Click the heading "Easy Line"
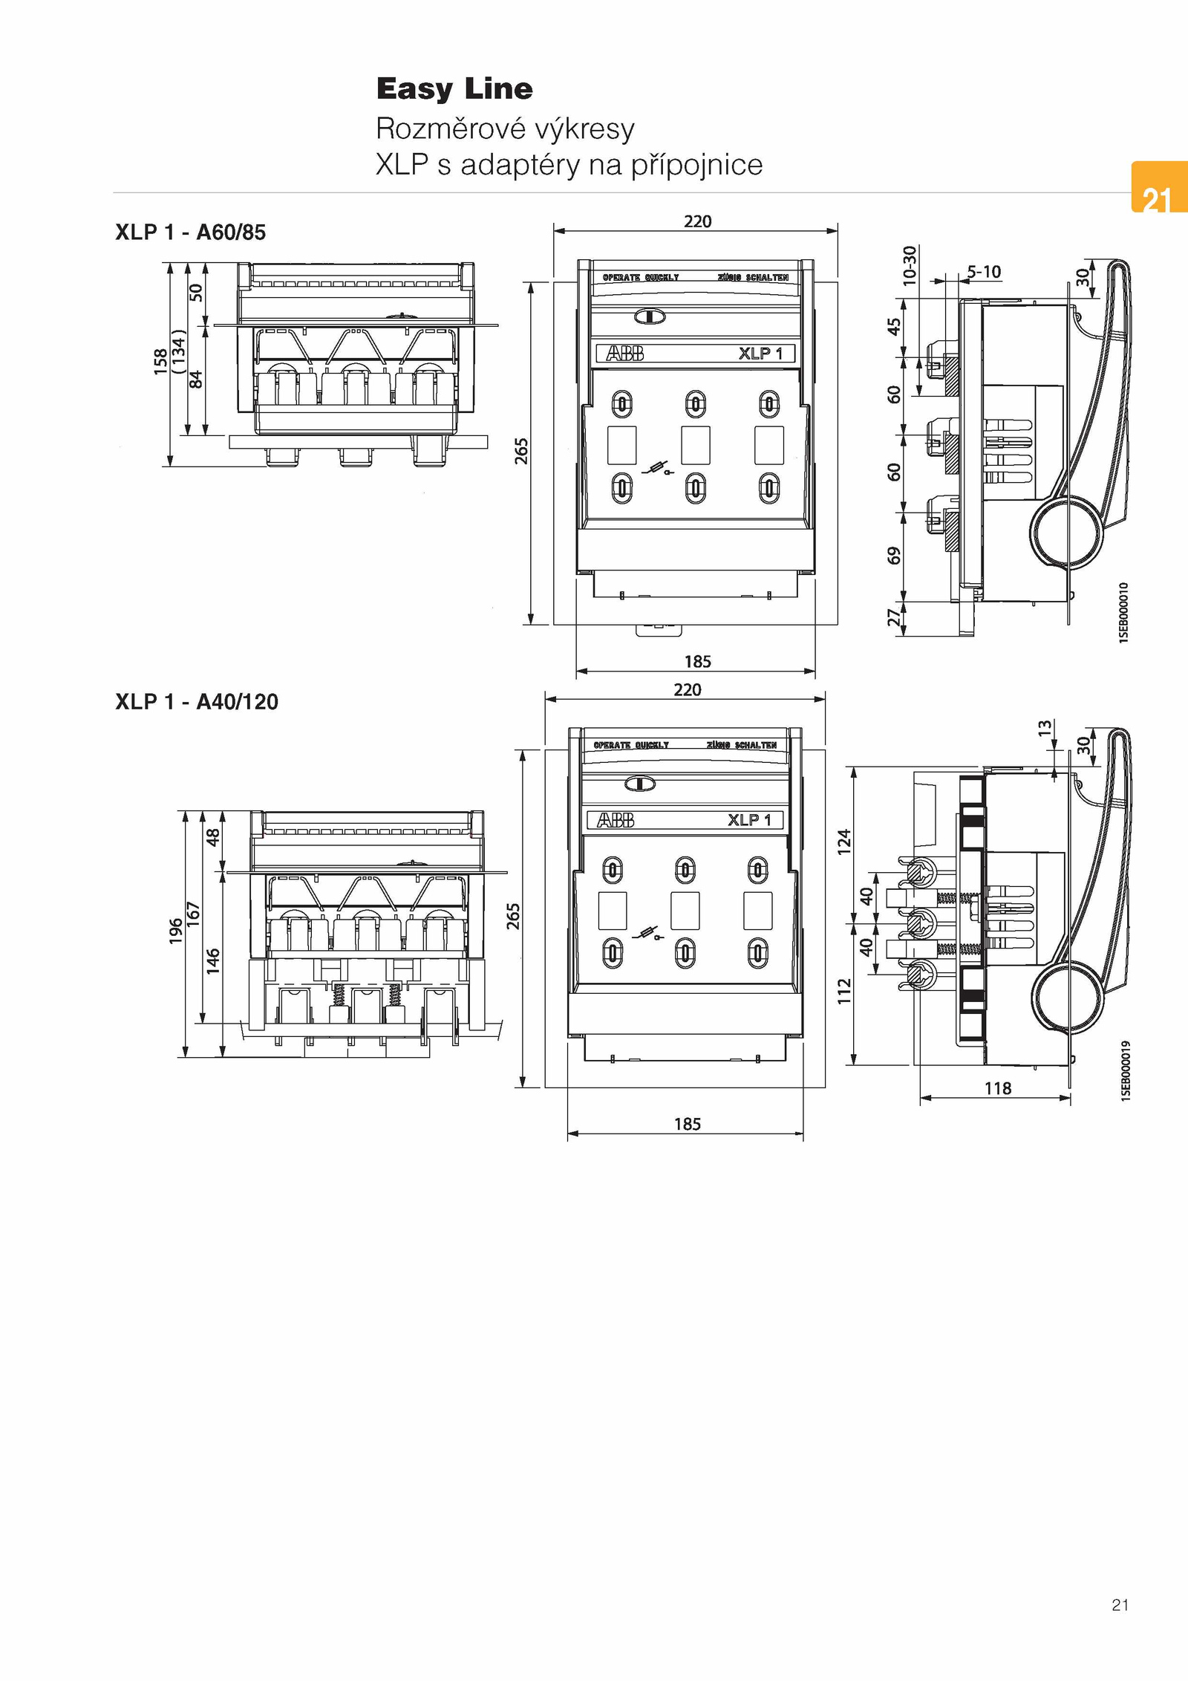[x=454, y=89]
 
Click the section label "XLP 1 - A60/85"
[x=190, y=233]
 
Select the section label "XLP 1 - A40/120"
[x=197, y=702]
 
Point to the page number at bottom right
[x=1120, y=1604]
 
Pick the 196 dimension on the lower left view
[x=176, y=931]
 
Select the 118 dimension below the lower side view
[x=997, y=1088]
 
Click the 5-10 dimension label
[x=984, y=272]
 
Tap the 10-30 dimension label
[x=910, y=264]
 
